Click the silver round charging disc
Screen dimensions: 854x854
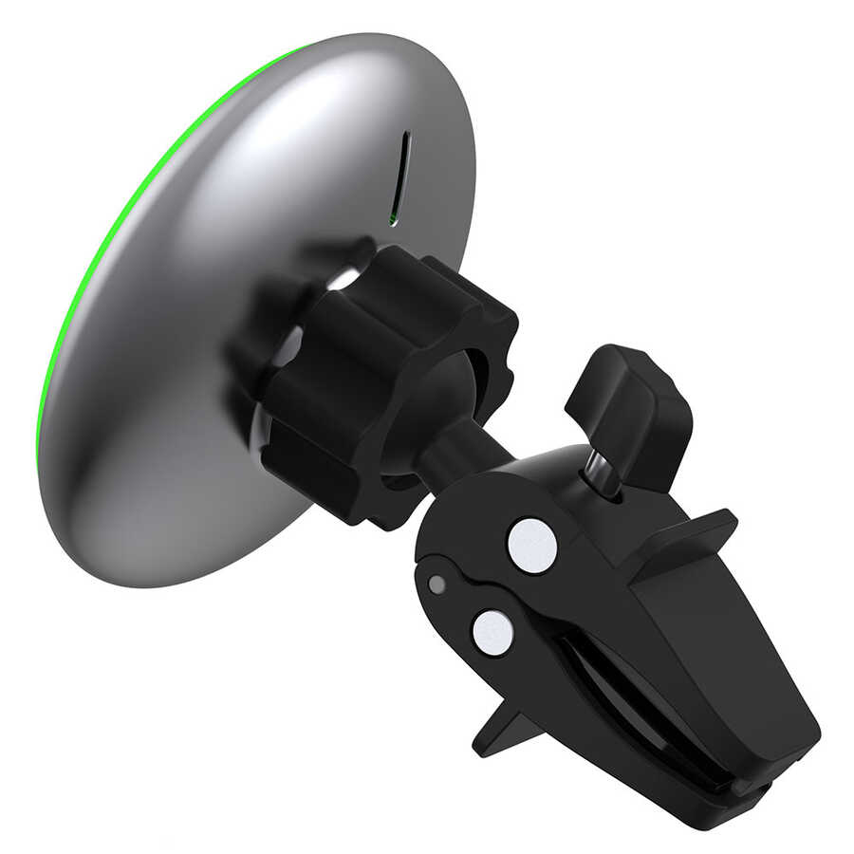190,285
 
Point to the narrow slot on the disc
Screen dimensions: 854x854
404,176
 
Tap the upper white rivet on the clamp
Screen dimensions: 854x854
531,545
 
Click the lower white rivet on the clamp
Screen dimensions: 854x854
492,632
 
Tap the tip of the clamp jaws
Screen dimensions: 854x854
778,769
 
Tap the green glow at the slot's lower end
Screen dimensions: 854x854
393,220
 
